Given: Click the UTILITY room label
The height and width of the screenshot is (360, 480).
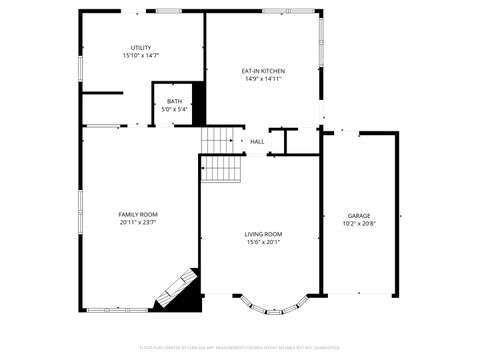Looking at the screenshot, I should (x=141, y=48).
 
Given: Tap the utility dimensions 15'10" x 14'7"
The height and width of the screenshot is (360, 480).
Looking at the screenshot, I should (x=141, y=56).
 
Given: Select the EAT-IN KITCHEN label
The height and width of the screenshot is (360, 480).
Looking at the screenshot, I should (x=263, y=71).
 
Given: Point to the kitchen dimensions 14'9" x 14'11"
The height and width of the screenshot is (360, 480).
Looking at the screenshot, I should (x=263, y=79).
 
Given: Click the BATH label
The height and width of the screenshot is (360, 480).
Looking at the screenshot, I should (x=174, y=101).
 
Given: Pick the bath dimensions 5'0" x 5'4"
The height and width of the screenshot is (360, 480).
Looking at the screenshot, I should (x=174, y=109).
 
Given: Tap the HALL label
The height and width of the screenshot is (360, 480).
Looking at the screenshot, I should (x=257, y=142).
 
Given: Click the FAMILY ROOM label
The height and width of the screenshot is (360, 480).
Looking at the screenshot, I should (x=138, y=215).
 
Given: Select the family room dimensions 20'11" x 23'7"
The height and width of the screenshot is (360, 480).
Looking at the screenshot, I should (x=138, y=223).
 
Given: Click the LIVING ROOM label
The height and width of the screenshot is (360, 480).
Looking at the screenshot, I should (x=263, y=234).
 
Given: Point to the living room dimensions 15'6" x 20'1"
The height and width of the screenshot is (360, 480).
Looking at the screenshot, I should (x=263, y=242).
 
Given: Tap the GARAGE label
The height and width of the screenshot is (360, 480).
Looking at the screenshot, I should (x=359, y=216).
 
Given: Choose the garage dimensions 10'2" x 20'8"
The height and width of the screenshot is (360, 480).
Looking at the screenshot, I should (x=359, y=224).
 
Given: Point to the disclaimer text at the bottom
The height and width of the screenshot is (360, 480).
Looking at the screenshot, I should (x=240, y=349).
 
